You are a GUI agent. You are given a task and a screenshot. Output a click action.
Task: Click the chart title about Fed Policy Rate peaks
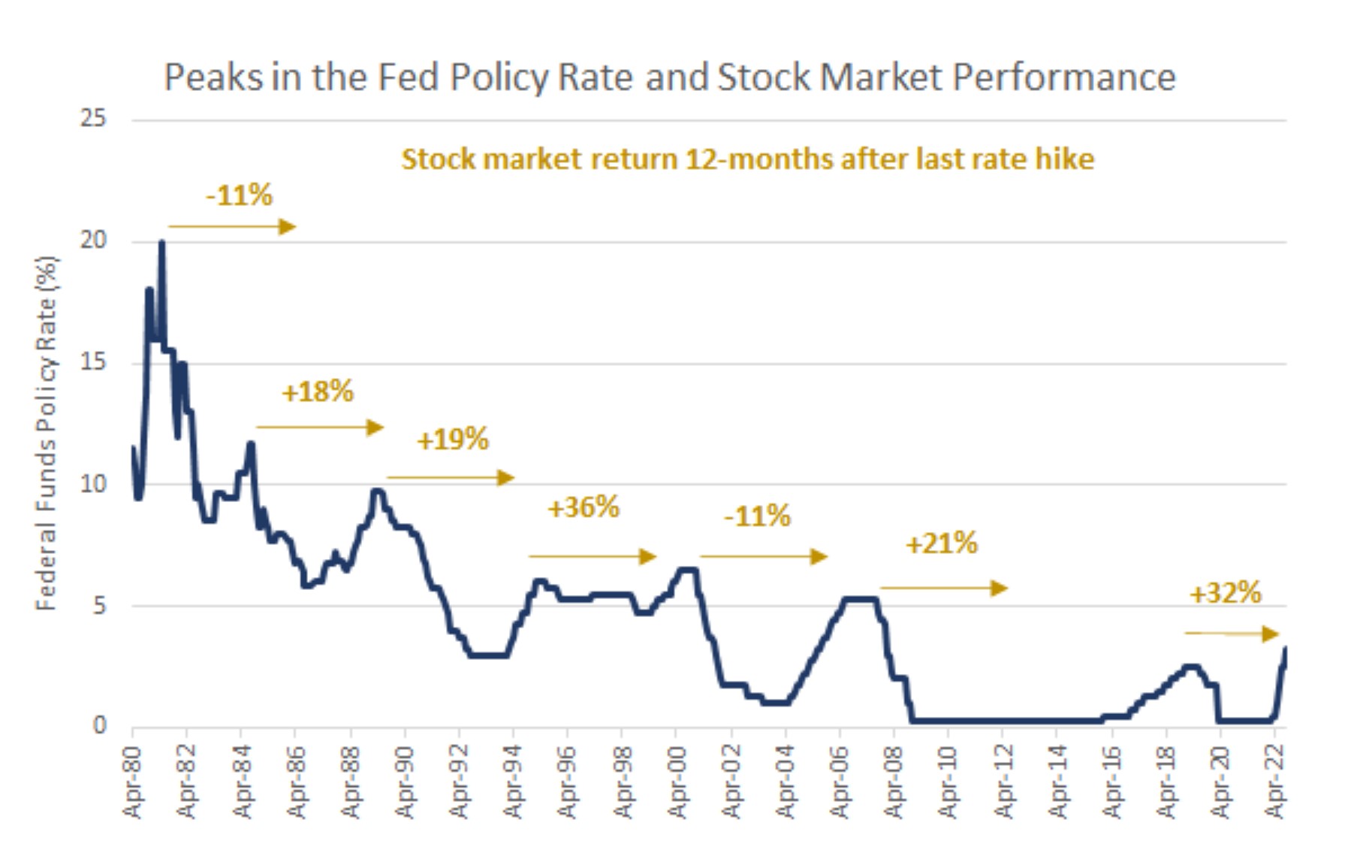tap(669, 77)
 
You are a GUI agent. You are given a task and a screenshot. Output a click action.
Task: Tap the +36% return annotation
tap(584, 508)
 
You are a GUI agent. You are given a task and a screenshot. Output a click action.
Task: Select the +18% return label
tap(317, 392)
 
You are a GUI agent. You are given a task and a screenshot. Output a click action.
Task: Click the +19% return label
tap(452, 440)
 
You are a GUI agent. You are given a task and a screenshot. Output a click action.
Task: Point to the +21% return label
tap(941, 543)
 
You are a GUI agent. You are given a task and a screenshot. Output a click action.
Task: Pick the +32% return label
tap(1225, 594)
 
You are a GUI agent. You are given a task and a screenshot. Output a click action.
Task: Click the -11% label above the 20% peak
tap(239, 195)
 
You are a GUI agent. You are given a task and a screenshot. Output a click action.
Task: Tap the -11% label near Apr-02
tap(757, 517)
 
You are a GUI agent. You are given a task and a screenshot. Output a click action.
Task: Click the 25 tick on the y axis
tap(93, 119)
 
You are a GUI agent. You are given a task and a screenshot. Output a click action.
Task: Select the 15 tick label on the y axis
tap(93, 362)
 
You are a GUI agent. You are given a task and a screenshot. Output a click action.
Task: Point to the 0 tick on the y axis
tap(99, 726)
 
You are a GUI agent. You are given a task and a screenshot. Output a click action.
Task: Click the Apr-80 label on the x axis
tap(132, 782)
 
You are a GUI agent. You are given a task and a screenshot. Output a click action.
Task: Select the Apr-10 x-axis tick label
tap(948, 782)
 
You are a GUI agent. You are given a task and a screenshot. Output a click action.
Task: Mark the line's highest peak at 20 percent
tap(161, 243)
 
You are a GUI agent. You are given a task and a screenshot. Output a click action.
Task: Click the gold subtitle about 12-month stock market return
tap(747, 159)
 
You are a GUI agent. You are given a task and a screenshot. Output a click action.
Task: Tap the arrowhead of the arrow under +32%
tap(1270, 634)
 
